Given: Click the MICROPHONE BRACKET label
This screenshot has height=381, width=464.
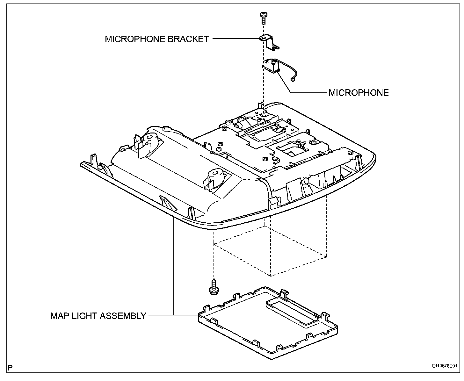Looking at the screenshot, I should tap(157, 39).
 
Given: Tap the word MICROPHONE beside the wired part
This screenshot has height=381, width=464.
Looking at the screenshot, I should tap(359, 93).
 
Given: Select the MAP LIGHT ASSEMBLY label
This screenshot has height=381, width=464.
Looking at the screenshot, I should tap(98, 316).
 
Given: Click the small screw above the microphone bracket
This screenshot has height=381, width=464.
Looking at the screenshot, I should tap(263, 17).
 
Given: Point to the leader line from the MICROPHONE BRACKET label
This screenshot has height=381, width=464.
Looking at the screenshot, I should tap(236, 39).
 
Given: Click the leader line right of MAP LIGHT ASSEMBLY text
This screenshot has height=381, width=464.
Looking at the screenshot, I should tap(161, 315).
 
